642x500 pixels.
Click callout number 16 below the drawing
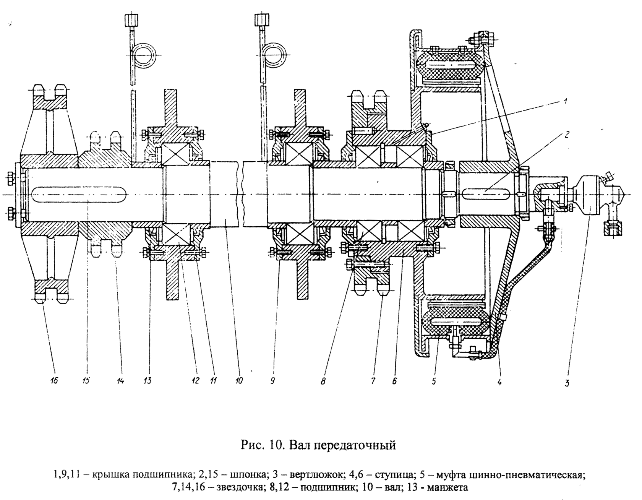[x=54, y=381]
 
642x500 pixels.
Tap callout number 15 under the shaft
[x=86, y=381]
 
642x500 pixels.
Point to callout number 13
[x=148, y=381]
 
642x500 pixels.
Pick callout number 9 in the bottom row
[x=272, y=381]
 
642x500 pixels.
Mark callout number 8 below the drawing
[x=323, y=381]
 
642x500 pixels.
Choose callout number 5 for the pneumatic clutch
[x=433, y=381]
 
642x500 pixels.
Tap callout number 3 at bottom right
[x=567, y=383]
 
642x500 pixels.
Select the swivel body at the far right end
[x=591, y=195]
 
